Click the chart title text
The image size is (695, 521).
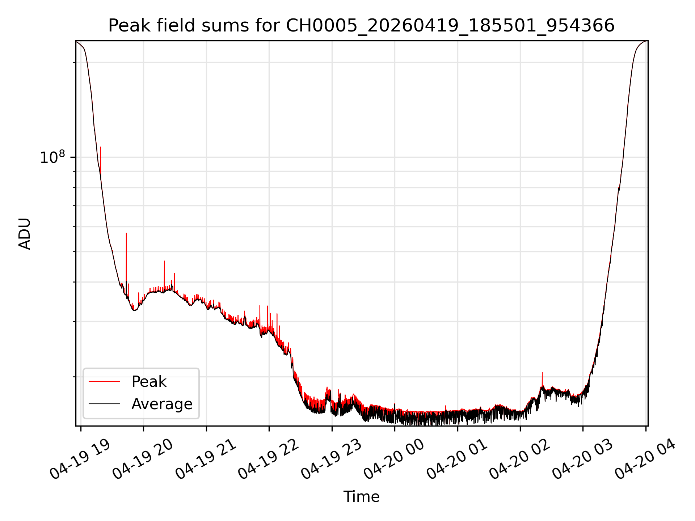(x=361, y=26)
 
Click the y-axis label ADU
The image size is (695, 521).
(x=25, y=234)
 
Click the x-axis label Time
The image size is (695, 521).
(x=361, y=497)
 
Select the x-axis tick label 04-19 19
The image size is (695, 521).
(x=80, y=459)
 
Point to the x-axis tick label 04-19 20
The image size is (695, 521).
(x=143, y=459)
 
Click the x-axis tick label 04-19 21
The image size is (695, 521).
(x=206, y=459)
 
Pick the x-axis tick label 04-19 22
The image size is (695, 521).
(x=268, y=459)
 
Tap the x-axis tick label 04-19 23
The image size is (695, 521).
(x=331, y=459)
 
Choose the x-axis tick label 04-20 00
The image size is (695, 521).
(x=394, y=459)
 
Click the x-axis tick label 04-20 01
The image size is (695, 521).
(x=457, y=459)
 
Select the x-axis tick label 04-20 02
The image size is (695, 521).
(x=519, y=459)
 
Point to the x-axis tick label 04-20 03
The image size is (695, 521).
(x=582, y=459)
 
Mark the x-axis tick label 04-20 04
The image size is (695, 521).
(x=645, y=459)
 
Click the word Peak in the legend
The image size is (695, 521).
(x=149, y=382)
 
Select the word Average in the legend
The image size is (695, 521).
(x=162, y=404)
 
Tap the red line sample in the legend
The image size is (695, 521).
(x=104, y=381)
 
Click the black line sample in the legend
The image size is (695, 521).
(x=104, y=404)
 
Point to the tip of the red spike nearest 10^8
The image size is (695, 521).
(x=101, y=147)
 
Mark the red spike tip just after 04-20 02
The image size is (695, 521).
(x=542, y=372)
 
